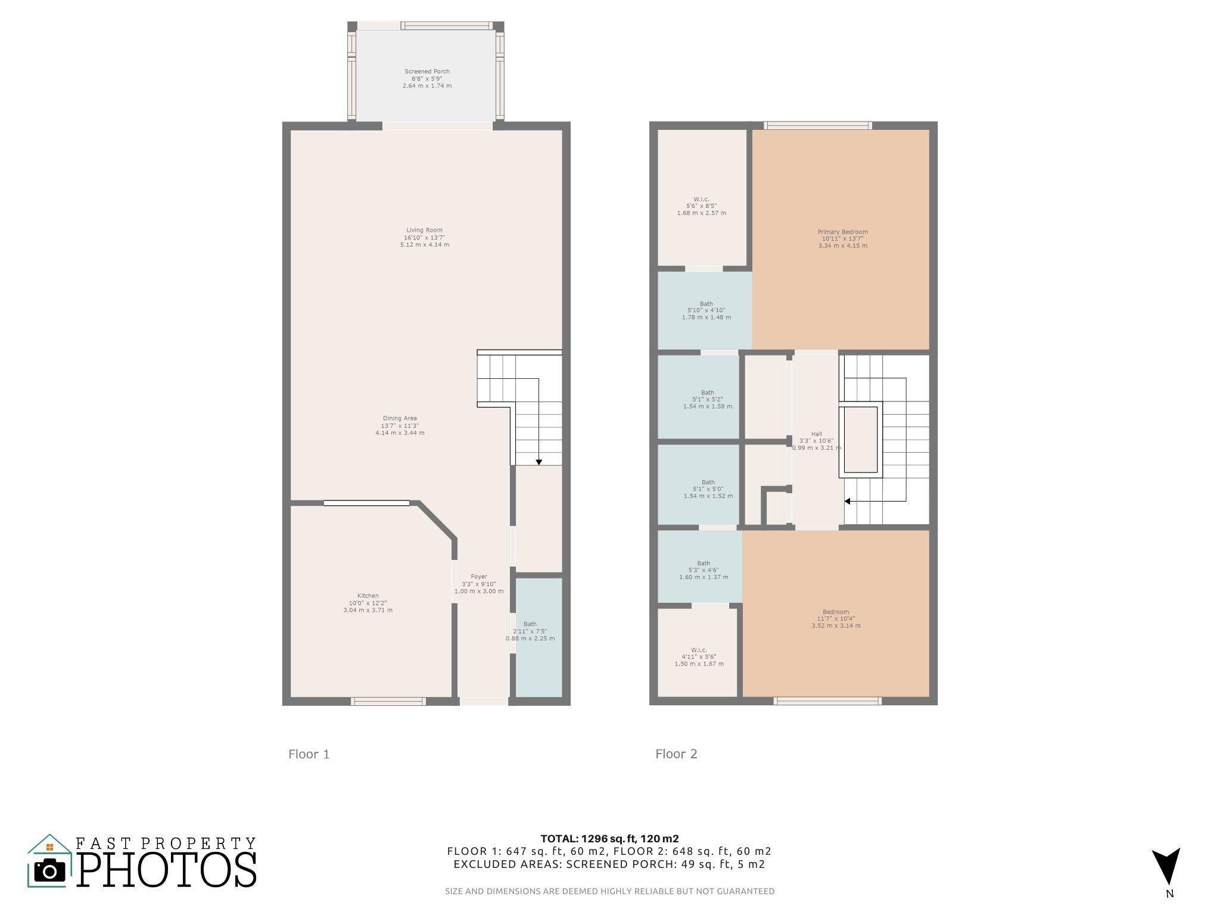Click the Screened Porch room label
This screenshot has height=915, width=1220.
click(x=427, y=79)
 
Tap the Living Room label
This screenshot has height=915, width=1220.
click(x=425, y=237)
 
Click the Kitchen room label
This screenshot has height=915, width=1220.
click(x=368, y=603)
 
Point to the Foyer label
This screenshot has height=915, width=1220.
click(x=479, y=584)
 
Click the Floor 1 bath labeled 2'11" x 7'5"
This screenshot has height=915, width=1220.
click(x=530, y=631)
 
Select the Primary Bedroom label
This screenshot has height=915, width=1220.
click(x=842, y=239)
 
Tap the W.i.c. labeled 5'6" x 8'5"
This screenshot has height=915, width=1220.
click(x=701, y=206)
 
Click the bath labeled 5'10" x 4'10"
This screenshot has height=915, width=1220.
click(x=707, y=310)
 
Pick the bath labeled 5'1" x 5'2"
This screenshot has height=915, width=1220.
click(x=708, y=400)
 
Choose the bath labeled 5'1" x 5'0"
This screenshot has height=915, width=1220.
click(x=708, y=489)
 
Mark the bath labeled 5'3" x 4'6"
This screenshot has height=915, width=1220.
click(x=704, y=570)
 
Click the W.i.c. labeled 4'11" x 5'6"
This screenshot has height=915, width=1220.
click(x=699, y=656)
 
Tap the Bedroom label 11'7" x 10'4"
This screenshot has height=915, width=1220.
click(x=836, y=618)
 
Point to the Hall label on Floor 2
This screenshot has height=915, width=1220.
click(x=816, y=441)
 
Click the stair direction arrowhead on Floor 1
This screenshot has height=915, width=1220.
click(x=539, y=462)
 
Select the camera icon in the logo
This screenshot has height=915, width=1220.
click(x=49, y=872)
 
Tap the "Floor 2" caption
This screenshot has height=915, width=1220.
click(x=676, y=754)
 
